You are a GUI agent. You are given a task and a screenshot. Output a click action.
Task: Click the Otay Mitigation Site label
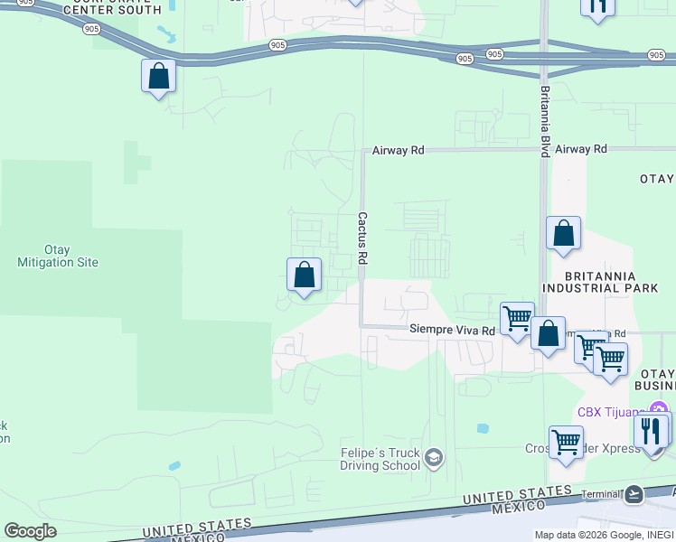click(x=57, y=256)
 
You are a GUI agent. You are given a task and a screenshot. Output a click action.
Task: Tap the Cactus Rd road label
click(x=362, y=238)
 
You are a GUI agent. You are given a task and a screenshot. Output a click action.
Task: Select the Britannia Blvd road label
click(x=544, y=122)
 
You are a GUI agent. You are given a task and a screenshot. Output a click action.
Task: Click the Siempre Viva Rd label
click(x=452, y=331)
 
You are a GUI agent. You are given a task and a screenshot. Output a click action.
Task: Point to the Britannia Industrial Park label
click(x=600, y=282)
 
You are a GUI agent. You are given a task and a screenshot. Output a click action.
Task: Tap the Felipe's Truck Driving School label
click(x=380, y=459)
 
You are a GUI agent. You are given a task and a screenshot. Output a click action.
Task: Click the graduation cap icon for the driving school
click(x=434, y=459)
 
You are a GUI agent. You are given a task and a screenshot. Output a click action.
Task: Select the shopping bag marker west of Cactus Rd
click(x=304, y=276)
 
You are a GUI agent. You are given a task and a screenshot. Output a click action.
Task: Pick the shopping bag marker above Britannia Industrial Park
click(x=563, y=234)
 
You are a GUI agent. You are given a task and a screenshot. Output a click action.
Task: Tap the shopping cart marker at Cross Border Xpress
click(x=566, y=444)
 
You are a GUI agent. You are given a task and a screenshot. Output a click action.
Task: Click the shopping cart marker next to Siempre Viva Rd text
click(x=517, y=319)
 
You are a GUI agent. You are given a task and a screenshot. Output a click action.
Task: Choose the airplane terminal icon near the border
click(x=634, y=494)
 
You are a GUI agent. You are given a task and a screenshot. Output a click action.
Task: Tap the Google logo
click(x=30, y=531)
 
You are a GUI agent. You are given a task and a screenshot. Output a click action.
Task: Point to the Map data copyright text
click(x=603, y=535)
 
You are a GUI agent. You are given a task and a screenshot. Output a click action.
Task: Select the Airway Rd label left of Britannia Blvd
click(x=398, y=151)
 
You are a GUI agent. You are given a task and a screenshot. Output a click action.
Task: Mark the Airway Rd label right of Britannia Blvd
click(x=581, y=149)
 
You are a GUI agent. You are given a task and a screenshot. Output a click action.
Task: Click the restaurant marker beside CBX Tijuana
click(x=651, y=431)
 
